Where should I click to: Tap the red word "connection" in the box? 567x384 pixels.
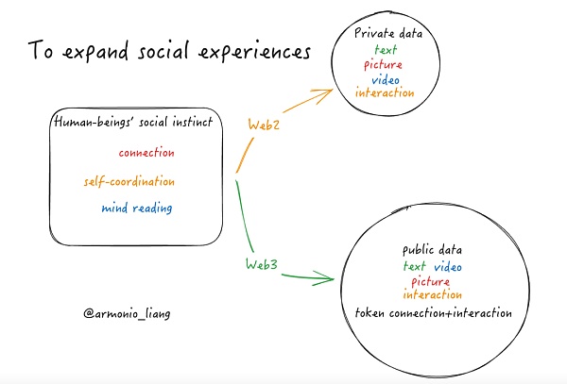[x=146, y=153]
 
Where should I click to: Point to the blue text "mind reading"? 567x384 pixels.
[x=137, y=209]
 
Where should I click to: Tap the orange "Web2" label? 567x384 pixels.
[x=263, y=124]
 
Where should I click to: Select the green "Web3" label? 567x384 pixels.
[x=261, y=265]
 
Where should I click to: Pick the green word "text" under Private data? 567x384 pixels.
[x=385, y=49]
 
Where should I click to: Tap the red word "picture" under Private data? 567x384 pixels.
[x=385, y=64]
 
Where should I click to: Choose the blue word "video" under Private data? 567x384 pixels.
[x=386, y=78]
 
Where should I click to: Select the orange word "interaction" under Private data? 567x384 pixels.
[x=385, y=93]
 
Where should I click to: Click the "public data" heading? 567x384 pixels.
[x=434, y=252]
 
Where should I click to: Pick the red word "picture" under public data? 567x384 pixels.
[x=434, y=281]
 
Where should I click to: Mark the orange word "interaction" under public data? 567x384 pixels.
[x=434, y=294]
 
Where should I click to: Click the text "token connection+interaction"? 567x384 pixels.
[x=434, y=312]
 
